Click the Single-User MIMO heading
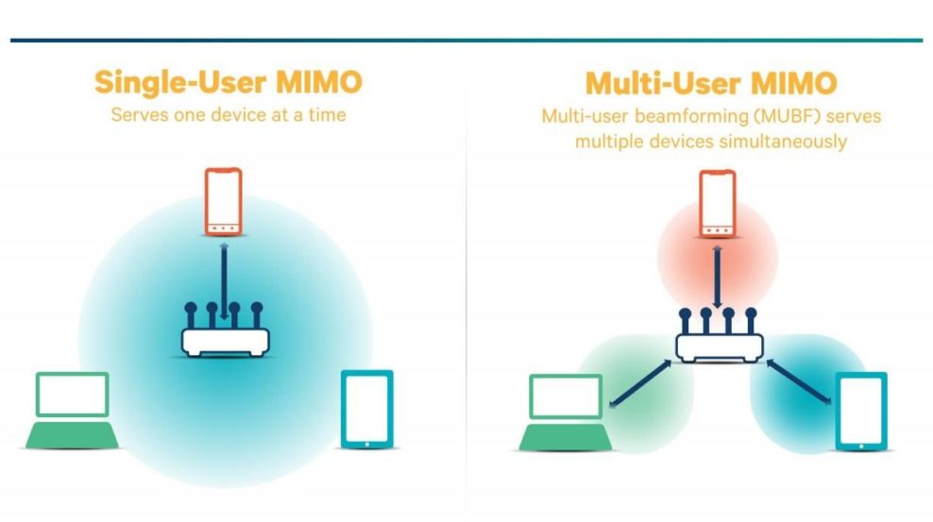(x=228, y=82)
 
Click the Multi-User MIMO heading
(x=711, y=83)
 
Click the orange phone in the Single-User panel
(x=224, y=202)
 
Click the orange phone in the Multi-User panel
(x=718, y=204)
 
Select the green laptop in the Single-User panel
(x=72, y=411)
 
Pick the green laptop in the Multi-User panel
(x=566, y=413)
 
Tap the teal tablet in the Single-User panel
(x=367, y=409)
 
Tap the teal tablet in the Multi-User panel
(x=861, y=412)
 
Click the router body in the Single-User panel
(x=226, y=343)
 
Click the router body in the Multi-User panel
(x=720, y=347)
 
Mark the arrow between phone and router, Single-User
(x=224, y=280)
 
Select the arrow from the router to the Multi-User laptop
(x=641, y=383)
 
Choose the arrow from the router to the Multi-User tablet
(x=799, y=381)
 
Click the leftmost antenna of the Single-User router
(x=191, y=315)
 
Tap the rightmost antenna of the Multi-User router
(x=751, y=321)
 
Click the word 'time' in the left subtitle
(x=327, y=114)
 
